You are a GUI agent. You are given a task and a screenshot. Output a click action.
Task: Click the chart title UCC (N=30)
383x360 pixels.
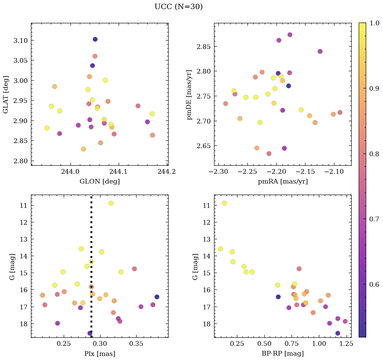pos(178,7)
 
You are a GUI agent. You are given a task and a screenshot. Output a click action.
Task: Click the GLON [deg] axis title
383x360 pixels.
pos(99,181)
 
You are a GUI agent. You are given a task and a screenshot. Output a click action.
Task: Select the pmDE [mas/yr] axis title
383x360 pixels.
pos(189,95)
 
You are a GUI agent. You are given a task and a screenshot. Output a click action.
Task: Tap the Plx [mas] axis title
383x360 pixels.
pos(99,354)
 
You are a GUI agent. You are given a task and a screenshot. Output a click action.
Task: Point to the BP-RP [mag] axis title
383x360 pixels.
pos(283,354)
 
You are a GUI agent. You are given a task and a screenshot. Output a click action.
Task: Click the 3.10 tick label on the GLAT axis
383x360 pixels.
pos(21,40)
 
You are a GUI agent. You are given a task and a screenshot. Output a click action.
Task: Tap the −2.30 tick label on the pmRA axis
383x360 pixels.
pos(219,171)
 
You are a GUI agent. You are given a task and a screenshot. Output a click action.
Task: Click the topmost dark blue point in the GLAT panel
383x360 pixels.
pos(95,39)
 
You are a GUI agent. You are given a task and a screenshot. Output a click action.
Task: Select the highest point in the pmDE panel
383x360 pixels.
pos(290,35)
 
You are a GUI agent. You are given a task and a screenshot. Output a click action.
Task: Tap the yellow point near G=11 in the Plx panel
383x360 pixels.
pos(111,203)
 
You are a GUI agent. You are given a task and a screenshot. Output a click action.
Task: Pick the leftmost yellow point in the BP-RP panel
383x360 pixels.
pos(220,249)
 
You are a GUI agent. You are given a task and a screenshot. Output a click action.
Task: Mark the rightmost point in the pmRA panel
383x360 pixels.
pos(340,112)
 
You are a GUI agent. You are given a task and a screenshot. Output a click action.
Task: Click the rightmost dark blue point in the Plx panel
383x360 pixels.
pos(157,297)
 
